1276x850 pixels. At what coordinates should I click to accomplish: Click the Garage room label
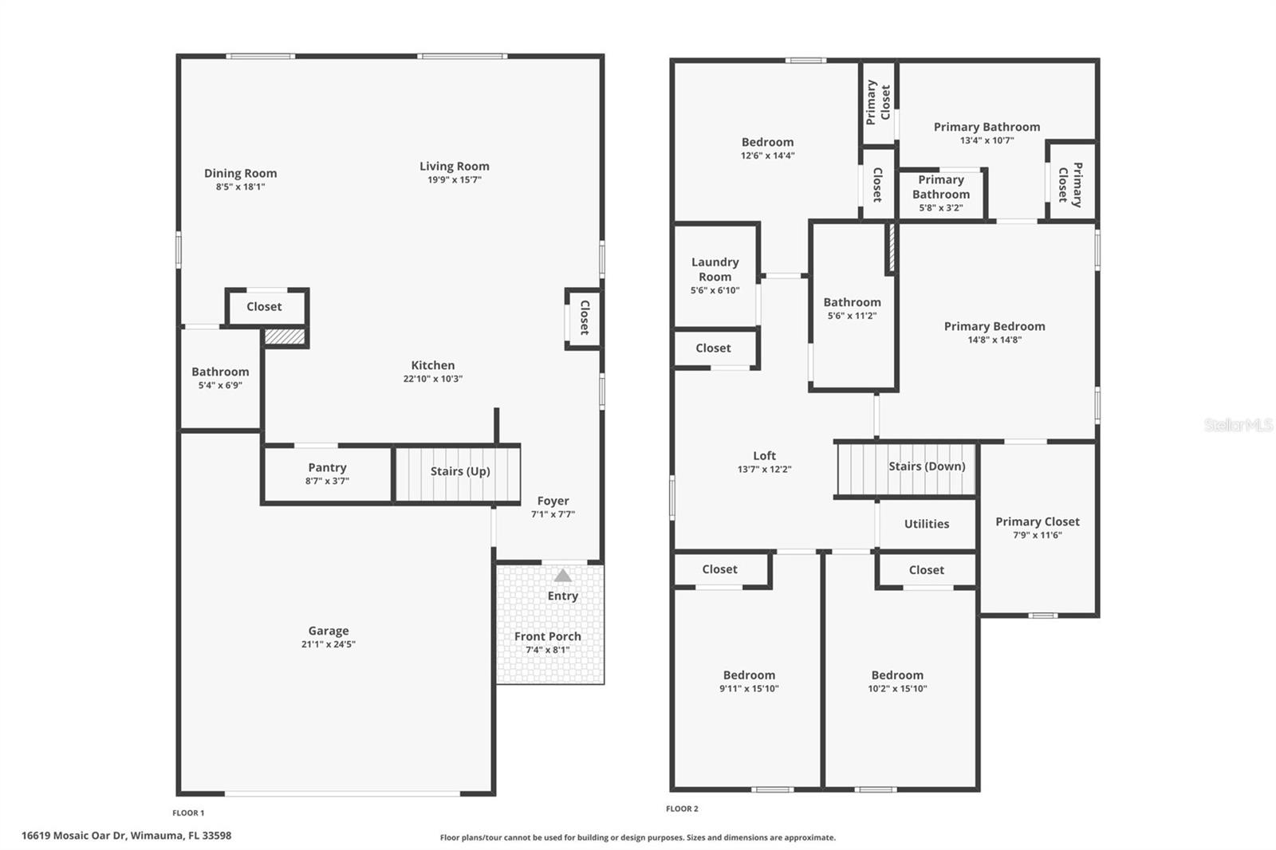point(329,631)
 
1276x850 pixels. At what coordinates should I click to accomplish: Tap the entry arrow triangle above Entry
point(563,575)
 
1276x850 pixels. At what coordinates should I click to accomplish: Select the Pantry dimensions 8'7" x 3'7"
point(327,481)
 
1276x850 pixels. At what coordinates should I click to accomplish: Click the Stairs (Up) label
point(460,471)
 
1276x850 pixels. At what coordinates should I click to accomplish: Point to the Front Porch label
point(547,636)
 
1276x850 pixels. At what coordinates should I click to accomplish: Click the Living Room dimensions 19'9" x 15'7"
point(454,180)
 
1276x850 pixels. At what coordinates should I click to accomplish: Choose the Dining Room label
point(240,173)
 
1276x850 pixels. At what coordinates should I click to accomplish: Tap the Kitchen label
point(432,365)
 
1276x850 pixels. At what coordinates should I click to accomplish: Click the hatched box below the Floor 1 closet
point(285,337)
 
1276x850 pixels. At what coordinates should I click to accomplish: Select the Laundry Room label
point(715,270)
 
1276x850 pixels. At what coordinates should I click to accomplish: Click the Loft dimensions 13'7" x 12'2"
point(764,470)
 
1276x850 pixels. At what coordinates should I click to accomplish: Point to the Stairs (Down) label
point(927,466)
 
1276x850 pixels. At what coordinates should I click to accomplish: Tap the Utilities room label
point(926,524)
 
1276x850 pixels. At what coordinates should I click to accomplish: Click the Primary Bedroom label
point(994,326)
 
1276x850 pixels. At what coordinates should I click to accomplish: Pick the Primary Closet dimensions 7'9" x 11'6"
point(1037,535)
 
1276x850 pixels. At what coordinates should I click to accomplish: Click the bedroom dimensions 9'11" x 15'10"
point(749,689)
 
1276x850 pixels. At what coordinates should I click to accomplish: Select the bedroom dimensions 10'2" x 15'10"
point(897,689)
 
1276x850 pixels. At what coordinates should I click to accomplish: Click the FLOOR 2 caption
point(682,809)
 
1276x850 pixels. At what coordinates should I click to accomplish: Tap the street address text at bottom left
point(126,836)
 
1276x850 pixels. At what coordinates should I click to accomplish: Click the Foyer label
point(553,501)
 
